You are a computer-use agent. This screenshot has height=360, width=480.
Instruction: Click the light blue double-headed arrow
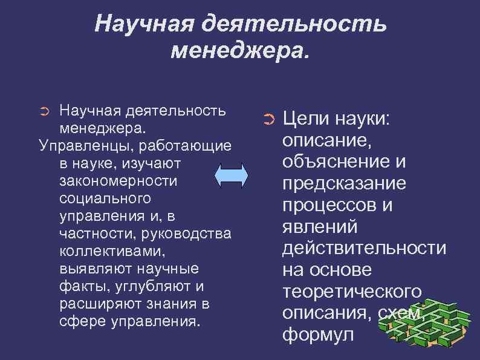(232, 176)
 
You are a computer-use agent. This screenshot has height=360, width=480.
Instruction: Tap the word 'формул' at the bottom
(317, 335)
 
